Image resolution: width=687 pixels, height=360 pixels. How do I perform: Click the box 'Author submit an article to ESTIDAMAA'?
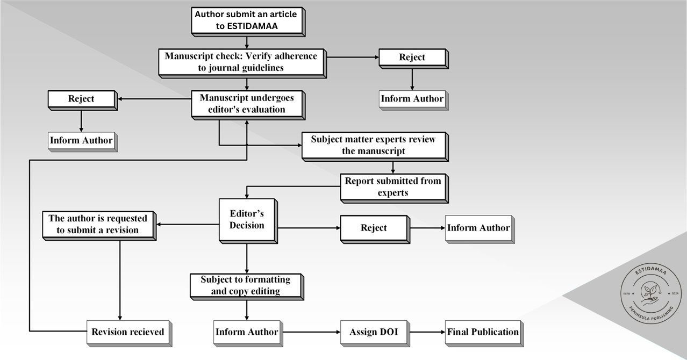246,20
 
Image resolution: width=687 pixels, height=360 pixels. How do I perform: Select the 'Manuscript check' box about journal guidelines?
241,62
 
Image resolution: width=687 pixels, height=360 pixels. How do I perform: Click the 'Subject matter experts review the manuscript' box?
374,145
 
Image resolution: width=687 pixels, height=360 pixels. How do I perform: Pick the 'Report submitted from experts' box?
393,186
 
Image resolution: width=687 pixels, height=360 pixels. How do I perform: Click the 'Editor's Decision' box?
247,220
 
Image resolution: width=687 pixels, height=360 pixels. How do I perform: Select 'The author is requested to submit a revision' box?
98,224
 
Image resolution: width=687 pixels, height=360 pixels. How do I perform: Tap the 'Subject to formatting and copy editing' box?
246,285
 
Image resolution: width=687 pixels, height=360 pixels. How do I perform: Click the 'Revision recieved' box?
128,332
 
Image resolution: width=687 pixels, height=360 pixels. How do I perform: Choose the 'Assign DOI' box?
374,332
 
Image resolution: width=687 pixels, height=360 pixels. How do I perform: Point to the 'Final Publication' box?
483,332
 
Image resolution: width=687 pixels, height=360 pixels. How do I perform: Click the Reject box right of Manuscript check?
412,57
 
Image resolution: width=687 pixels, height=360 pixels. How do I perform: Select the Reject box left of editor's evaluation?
81,99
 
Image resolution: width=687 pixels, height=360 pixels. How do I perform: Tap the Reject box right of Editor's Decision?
374,228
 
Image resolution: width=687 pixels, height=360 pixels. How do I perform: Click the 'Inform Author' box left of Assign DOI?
246,332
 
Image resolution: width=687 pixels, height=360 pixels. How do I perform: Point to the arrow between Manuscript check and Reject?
352,57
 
